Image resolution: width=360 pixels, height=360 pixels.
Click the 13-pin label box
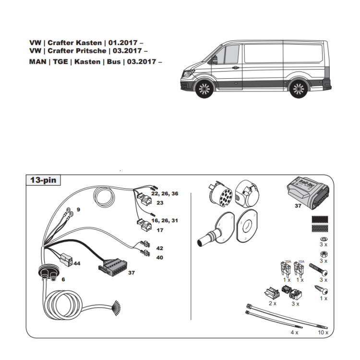point(43,180)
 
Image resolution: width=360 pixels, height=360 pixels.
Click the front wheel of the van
point(204,89)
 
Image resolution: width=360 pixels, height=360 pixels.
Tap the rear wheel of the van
point(298,89)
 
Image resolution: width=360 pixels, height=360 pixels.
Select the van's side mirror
point(215,60)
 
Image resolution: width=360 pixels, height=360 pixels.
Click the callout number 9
point(78,210)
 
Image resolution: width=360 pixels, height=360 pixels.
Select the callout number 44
point(77,264)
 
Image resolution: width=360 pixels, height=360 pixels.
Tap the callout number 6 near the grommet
point(63,279)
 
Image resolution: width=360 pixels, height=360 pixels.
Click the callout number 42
point(159,248)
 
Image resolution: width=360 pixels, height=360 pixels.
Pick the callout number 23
point(160,203)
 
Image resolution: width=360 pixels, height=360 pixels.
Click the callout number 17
point(160,230)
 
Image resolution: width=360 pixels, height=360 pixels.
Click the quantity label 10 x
point(323,332)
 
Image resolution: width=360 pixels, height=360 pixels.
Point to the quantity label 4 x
point(294,332)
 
